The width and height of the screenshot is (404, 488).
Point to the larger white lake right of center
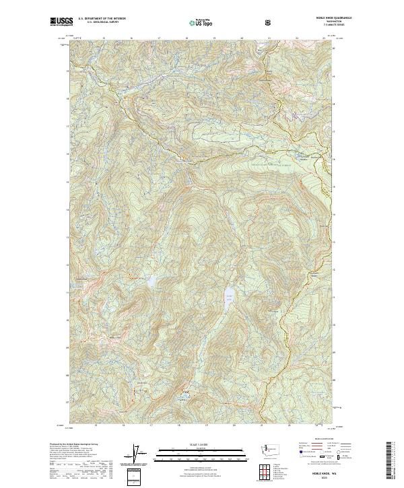coord(230,296)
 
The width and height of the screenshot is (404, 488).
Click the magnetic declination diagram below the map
coord(139,454)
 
